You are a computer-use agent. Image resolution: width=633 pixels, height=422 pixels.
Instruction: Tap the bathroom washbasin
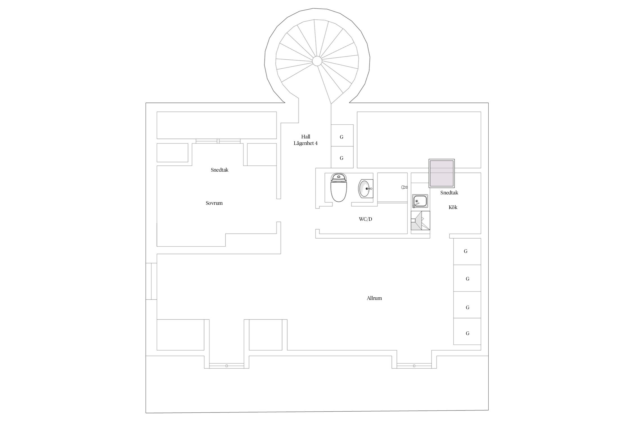click(365, 189)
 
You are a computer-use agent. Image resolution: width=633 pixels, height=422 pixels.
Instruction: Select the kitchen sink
click(420, 201)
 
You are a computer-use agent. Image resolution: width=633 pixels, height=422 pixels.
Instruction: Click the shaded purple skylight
click(441, 174)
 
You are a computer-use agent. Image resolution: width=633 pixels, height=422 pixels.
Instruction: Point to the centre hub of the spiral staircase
click(317, 60)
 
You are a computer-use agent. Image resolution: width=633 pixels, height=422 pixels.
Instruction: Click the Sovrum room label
click(214, 203)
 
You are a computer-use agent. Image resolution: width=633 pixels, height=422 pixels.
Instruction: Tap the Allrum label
click(374, 298)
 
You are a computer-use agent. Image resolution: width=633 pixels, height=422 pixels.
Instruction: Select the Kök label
click(453, 207)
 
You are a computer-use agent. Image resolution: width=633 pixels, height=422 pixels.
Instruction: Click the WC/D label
click(365, 219)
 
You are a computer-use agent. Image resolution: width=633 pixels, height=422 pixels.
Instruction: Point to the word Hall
click(306, 137)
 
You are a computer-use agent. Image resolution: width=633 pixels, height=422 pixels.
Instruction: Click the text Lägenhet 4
click(306, 143)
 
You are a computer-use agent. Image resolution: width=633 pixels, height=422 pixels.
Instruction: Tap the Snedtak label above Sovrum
click(219, 170)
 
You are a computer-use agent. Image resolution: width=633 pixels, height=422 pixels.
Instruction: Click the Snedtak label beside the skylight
click(449, 193)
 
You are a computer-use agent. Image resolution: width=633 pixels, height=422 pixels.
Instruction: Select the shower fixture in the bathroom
click(405, 187)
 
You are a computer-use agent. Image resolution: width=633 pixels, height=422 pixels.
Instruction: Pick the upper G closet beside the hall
click(342, 137)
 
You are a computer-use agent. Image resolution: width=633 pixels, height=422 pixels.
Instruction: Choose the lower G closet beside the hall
click(342, 158)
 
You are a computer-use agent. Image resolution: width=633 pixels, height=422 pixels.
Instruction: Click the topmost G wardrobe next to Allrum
click(466, 251)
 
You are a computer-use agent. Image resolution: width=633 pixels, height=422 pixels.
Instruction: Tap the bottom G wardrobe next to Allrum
click(468, 333)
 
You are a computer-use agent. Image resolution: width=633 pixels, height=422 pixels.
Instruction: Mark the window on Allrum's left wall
click(151, 281)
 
